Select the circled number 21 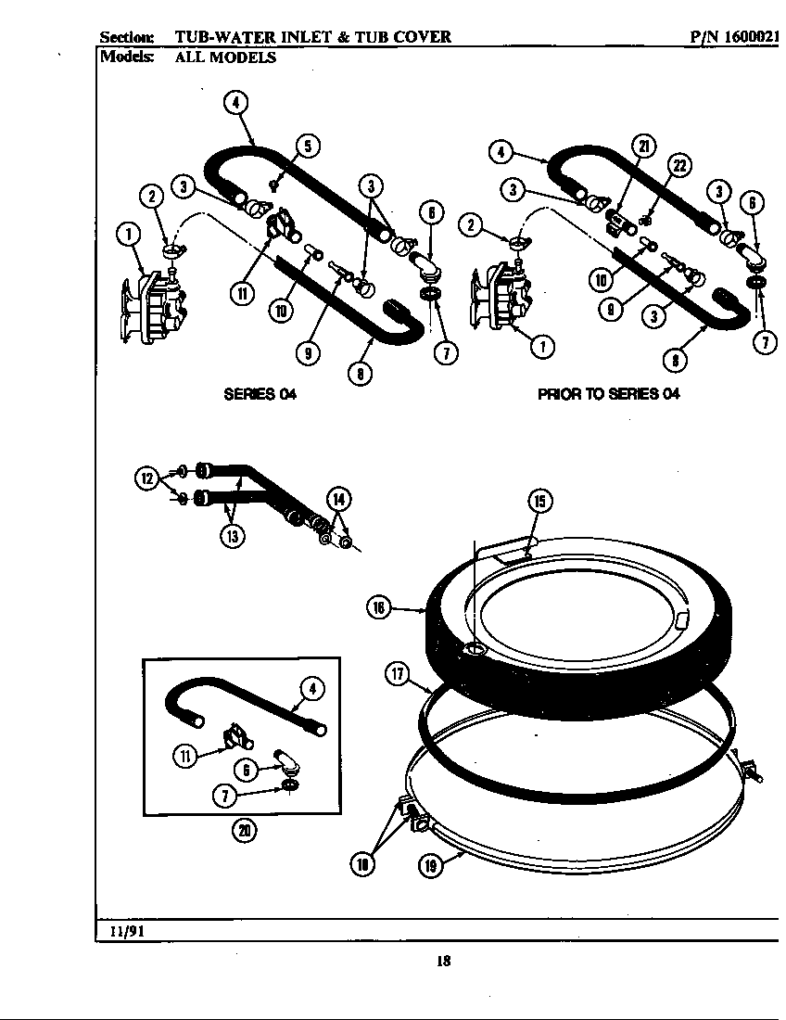tap(644, 145)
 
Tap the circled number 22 tap(681, 166)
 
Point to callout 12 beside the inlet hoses tap(146, 478)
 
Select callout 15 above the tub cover tap(539, 502)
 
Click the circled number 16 tap(378, 607)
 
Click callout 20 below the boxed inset tap(244, 831)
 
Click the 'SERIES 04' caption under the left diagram tap(260, 393)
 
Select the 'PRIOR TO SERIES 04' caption tap(609, 393)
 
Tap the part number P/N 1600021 tap(735, 37)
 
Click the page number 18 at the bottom tap(443, 962)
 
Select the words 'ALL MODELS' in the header tap(225, 57)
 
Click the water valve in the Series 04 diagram tap(153, 306)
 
